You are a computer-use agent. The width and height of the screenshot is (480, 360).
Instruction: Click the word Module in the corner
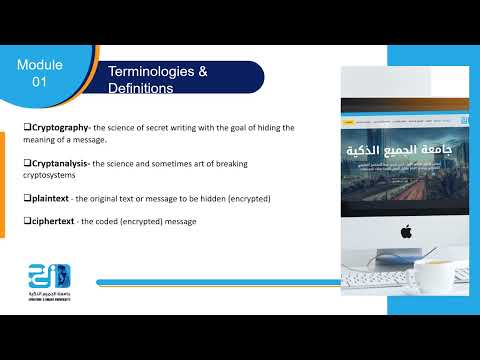tap(40, 65)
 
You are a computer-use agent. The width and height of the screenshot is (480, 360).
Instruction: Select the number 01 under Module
tap(40, 81)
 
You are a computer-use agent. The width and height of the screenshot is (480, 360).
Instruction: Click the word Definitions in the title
tap(140, 89)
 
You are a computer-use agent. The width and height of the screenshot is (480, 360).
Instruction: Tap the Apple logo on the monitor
tap(406, 231)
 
